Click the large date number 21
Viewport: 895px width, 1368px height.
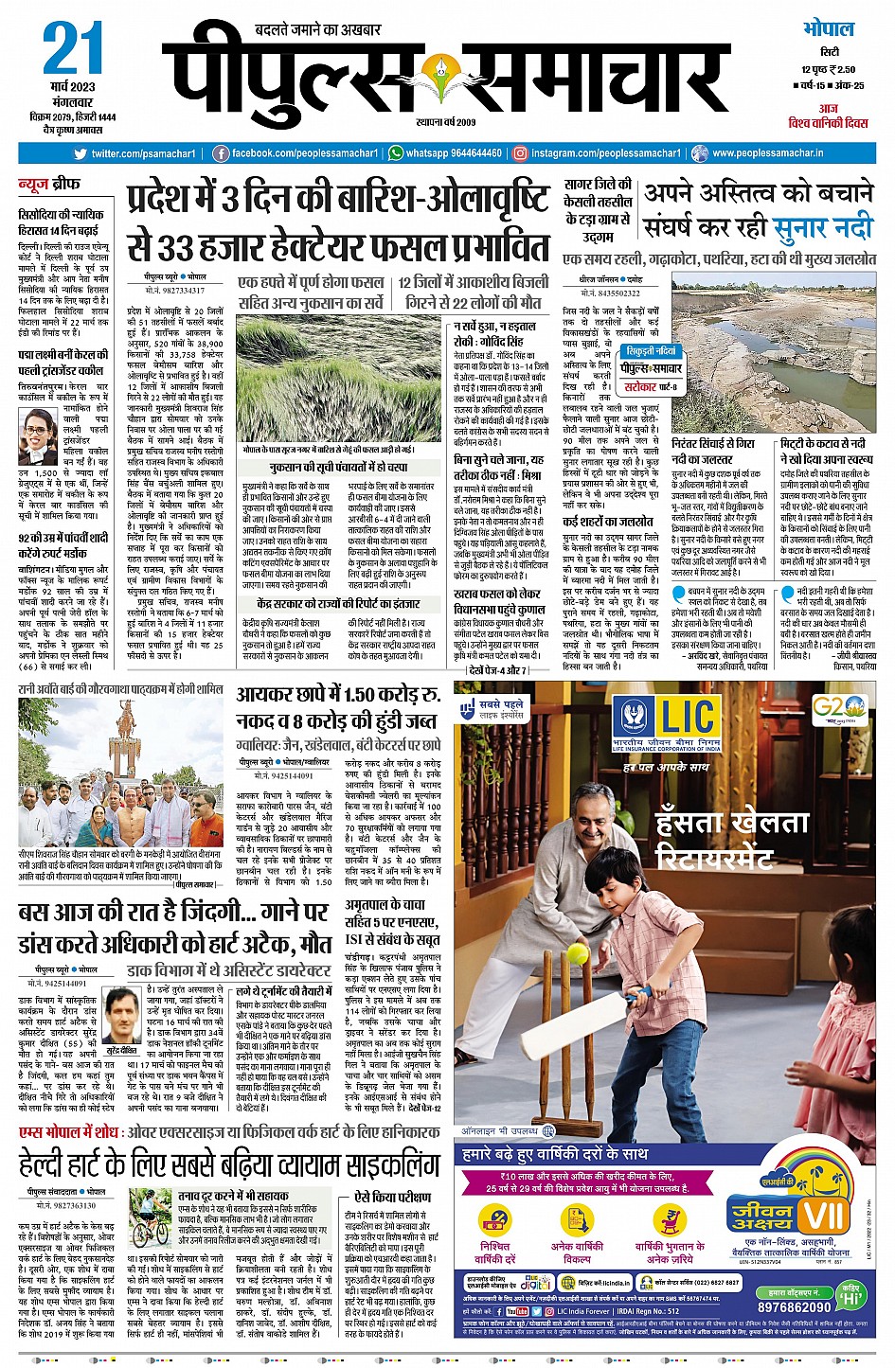(73, 49)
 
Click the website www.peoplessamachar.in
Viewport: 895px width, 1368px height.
(767, 153)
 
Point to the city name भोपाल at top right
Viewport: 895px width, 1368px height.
(829, 28)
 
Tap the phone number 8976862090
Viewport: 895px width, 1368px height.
(795, 1306)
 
